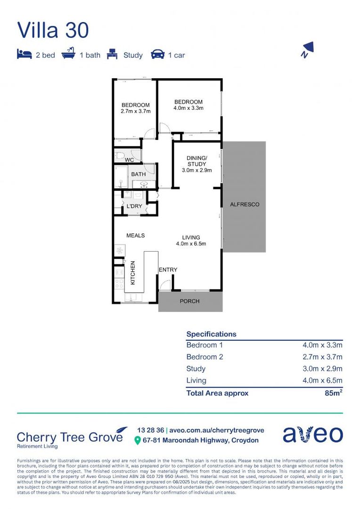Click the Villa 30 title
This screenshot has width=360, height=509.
click(x=53, y=30)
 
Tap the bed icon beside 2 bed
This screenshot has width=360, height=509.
click(x=24, y=55)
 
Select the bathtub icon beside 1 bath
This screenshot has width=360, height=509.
click(x=69, y=54)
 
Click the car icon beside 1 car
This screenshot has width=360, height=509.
click(x=157, y=55)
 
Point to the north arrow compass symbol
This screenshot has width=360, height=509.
click(x=307, y=49)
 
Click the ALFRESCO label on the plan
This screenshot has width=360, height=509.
click(x=244, y=205)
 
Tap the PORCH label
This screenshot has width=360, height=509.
click(x=190, y=301)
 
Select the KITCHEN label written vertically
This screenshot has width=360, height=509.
click(x=133, y=272)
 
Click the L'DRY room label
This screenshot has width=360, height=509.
click(x=134, y=206)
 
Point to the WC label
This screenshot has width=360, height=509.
click(x=130, y=160)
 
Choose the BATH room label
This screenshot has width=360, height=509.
click(x=138, y=174)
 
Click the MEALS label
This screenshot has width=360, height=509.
click(x=135, y=235)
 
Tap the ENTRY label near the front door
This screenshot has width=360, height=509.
click(x=168, y=270)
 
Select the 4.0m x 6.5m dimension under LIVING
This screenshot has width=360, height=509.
click(x=191, y=244)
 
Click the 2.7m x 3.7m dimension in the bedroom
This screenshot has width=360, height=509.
click(x=135, y=111)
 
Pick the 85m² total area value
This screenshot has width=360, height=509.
click(x=332, y=393)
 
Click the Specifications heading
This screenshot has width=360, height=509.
click(x=211, y=334)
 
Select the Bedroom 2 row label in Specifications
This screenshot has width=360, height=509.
click(x=205, y=357)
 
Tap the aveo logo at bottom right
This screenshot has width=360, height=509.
click(x=313, y=435)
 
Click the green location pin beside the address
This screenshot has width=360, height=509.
click(x=138, y=440)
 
